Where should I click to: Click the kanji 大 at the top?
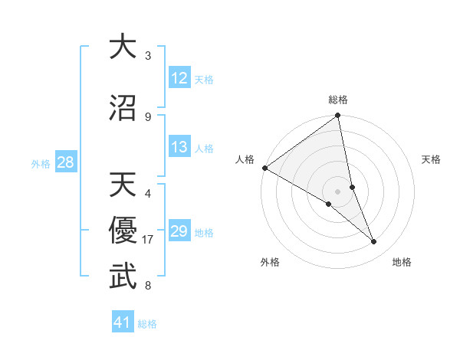coord(123,47)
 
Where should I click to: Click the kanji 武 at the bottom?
coord(123,277)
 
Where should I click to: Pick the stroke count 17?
coord(149,240)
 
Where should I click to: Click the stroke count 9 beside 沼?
coord(148,116)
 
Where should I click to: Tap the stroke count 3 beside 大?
coord(148,56)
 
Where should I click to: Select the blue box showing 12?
coord(179,78)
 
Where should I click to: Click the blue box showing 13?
coord(179,148)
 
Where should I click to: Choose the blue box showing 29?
coord(179,231)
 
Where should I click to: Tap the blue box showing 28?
coord(65,162)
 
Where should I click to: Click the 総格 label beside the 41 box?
coord(147,324)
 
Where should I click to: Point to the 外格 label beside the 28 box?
coord(41,163)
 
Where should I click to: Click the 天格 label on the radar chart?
coord(432,159)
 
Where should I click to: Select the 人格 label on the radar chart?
coord(245,159)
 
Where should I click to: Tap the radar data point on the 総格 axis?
coord(338,116)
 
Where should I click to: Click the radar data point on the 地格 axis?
coord(374,242)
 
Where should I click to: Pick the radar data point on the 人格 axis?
coord(264,168)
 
